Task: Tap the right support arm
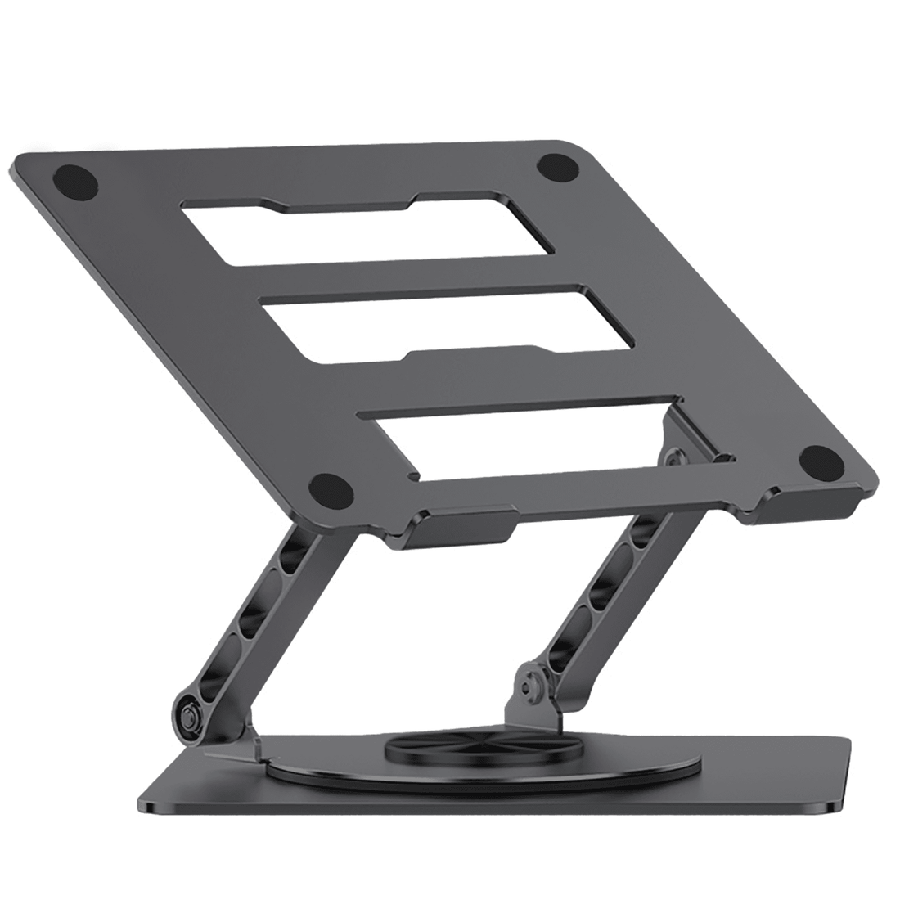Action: tap(605, 605)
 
